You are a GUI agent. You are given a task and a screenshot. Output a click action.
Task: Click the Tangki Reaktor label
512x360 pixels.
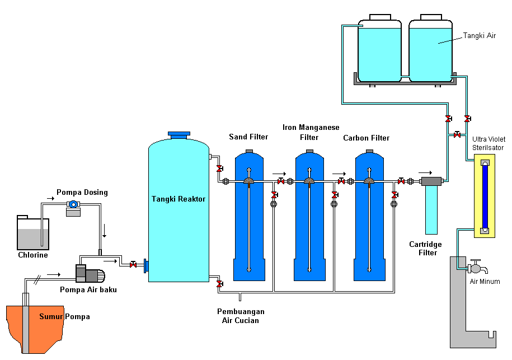179,199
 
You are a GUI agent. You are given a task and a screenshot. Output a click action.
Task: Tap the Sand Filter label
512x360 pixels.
248,137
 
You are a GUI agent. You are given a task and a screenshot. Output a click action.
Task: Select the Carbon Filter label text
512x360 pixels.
366,138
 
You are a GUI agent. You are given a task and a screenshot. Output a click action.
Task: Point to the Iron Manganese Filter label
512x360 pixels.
311,132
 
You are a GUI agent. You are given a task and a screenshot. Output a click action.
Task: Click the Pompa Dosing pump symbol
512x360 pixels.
73,206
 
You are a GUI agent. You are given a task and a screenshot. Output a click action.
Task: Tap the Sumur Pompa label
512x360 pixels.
64,317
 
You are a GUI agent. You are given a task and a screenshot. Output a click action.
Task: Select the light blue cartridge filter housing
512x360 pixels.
431,209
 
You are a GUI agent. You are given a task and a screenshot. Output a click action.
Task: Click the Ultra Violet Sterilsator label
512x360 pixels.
488,143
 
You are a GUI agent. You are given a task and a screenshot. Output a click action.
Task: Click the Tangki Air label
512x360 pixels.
479,36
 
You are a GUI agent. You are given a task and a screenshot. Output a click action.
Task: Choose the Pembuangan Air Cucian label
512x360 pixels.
241,316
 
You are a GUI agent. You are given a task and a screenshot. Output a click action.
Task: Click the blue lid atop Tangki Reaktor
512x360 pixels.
179,134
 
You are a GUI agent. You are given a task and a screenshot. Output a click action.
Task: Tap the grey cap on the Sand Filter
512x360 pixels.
250,151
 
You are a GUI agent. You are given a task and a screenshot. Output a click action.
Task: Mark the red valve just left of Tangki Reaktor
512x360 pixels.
133,264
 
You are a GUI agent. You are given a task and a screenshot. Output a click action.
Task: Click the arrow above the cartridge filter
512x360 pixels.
425,172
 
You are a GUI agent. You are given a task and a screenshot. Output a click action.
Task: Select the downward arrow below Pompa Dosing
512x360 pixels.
103,231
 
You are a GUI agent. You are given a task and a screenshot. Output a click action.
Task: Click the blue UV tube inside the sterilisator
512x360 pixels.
485,196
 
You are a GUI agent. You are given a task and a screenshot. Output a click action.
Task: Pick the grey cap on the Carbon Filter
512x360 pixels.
369,151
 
